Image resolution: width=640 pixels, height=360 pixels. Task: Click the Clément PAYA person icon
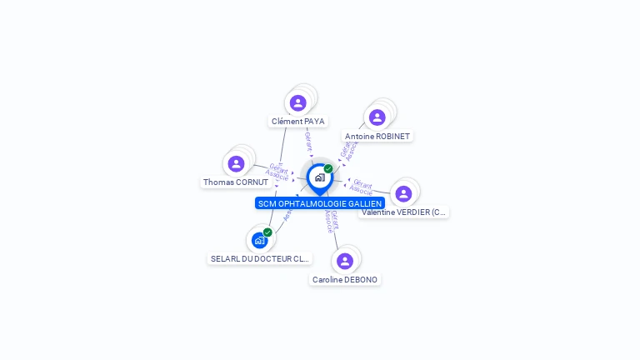[x=297, y=102]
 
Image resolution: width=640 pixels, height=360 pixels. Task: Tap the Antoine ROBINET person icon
[x=377, y=117]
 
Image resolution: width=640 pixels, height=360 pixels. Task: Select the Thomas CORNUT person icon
[x=236, y=163]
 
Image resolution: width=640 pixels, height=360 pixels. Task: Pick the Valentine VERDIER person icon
[x=403, y=193]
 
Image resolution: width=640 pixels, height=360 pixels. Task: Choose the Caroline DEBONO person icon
[x=344, y=261]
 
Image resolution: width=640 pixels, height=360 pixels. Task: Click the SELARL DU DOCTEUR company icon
[x=259, y=240]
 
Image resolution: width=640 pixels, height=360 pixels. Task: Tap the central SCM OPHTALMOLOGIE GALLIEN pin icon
[x=319, y=177]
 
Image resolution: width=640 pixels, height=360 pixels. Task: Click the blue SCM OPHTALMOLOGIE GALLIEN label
[x=320, y=203]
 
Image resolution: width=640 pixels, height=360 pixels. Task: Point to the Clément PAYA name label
[x=297, y=122]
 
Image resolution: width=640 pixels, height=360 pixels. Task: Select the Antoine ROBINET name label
[x=377, y=136]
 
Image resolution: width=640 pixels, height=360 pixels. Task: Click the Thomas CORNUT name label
[x=236, y=182]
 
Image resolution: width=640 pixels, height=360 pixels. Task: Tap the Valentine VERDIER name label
[x=404, y=212]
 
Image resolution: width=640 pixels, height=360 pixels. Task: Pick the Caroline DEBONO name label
[x=345, y=280]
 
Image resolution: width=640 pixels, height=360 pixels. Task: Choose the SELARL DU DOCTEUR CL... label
[x=260, y=259]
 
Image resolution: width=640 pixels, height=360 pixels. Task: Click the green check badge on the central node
[x=328, y=168]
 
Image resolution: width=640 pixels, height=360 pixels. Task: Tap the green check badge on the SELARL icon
[x=267, y=232]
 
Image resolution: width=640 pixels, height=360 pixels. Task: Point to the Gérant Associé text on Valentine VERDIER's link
[x=362, y=185]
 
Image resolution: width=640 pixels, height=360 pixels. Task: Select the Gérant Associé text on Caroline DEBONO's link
[x=331, y=221]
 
